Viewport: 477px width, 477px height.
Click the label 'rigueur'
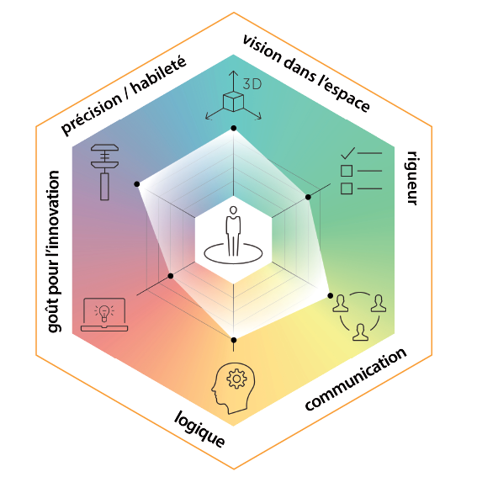(x=411, y=178)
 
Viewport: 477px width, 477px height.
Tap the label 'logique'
(x=199, y=429)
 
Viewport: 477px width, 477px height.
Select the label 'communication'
(x=356, y=379)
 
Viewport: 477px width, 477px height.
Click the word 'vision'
(x=262, y=49)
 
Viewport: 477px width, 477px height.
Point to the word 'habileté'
(x=158, y=75)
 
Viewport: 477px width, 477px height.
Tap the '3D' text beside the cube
(x=252, y=84)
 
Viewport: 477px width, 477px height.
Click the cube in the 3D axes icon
(x=233, y=102)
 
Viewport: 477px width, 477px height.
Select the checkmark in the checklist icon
(x=348, y=153)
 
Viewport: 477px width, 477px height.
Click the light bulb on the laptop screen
(x=104, y=313)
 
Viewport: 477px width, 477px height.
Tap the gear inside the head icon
(x=236, y=379)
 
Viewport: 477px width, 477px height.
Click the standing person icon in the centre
(x=233, y=231)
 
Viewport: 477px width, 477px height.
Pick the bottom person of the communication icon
(x=361, y=332)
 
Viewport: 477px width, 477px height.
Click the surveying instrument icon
(x=104, y=172)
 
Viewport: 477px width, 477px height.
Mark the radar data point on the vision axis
(x=234, y=128)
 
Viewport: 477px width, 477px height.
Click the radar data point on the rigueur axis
(x=308, y=197)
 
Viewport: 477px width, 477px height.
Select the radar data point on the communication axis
(x=331, y=295)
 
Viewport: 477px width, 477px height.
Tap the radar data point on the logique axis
(x=234, y=340)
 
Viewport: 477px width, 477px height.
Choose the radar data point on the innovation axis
(x=171, y=276)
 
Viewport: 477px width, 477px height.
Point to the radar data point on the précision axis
(x=137, y=184)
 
